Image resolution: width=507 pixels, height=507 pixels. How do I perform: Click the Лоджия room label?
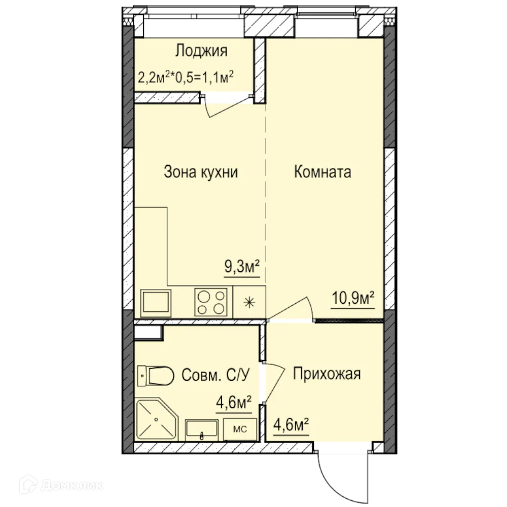point(201,51)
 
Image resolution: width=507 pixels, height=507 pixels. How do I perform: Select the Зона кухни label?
point(201,172)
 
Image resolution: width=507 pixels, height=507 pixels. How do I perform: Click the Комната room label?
point(322,172)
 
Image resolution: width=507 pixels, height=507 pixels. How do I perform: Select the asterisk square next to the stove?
point(248,303)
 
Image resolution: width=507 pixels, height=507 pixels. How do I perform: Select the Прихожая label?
point(327,374)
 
